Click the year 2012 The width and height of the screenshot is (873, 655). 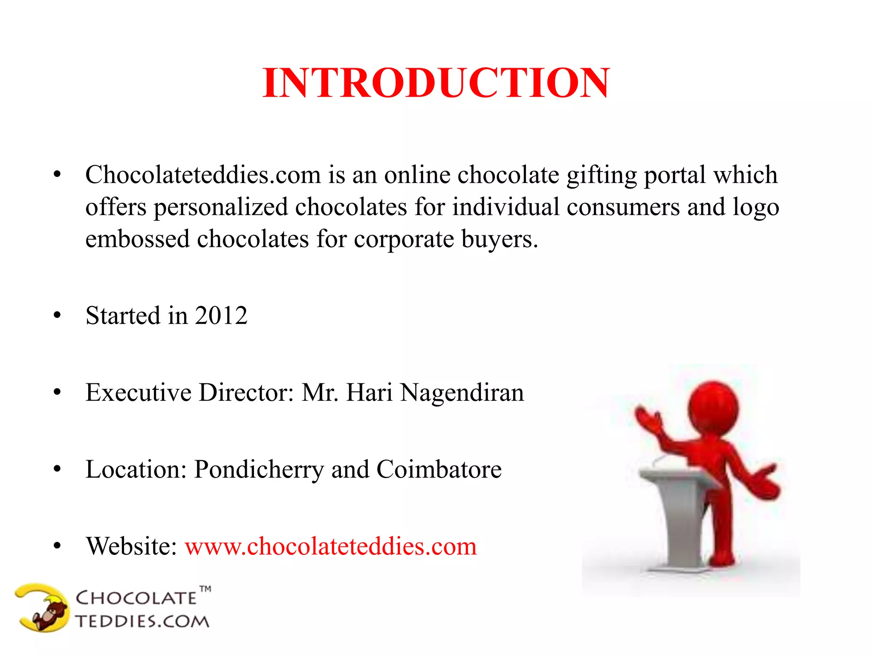pyautogui.click(x=221, y=316)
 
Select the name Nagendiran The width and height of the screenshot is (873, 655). pyautogui.click(x=462, y=393)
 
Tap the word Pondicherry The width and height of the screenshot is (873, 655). pyautogui.click(x=259, y=470)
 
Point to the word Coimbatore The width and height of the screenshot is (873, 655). pyautogui.click(x=439, y=470)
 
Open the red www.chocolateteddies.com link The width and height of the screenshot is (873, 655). pyautogui.click(x=330, y=547)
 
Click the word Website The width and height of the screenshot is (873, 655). pyautogui.click(x=131, y=547)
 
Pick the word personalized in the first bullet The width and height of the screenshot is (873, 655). pyautogui.click(x=221, y=207)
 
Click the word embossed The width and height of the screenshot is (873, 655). pyautogui.click(x=137, y=239)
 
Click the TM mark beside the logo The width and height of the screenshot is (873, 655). pyautogui.click(x=205, y=589)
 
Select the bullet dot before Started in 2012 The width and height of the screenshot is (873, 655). pyautogui.click(x=57, y=316)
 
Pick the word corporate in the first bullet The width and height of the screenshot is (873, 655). pyautogui.click(x=404, y=239)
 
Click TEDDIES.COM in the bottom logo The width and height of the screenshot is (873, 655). pyautogui.click(x=142, y=621)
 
